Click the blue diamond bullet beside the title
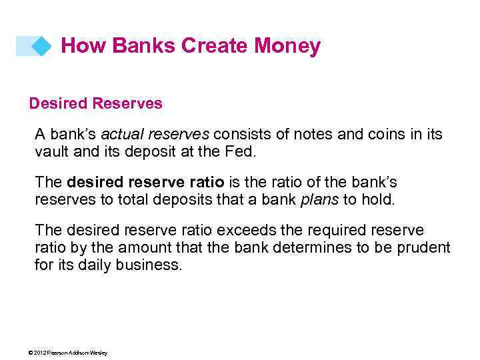[41, 46]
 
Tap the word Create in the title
[215, 46]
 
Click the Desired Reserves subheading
[95, 104]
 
